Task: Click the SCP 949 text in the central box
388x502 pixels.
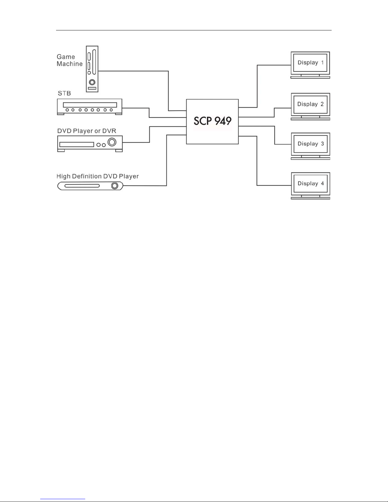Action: point(212,121)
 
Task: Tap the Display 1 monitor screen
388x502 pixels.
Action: point(310,63)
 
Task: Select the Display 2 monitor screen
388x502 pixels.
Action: point(310,104)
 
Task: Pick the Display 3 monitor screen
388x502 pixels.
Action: point(310,144)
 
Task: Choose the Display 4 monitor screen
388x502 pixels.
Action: point(310,184)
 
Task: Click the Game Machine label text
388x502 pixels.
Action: point(69,60)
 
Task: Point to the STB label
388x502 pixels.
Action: point(64,93)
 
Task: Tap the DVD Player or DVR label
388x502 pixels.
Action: point(87,131)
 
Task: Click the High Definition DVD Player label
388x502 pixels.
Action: point(98,176)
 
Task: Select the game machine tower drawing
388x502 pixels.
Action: point(92,69)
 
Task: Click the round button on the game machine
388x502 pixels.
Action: point(92,82)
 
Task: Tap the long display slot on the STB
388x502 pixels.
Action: point(90,105)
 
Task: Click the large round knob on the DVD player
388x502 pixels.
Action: point(112,142)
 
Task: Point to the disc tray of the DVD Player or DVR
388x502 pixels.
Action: point(77,144)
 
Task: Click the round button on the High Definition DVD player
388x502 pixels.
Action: point(115,186)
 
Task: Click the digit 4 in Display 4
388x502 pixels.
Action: point(322,184)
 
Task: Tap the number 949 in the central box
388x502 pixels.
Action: point(221,121)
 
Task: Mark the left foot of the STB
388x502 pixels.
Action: point(60,114)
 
